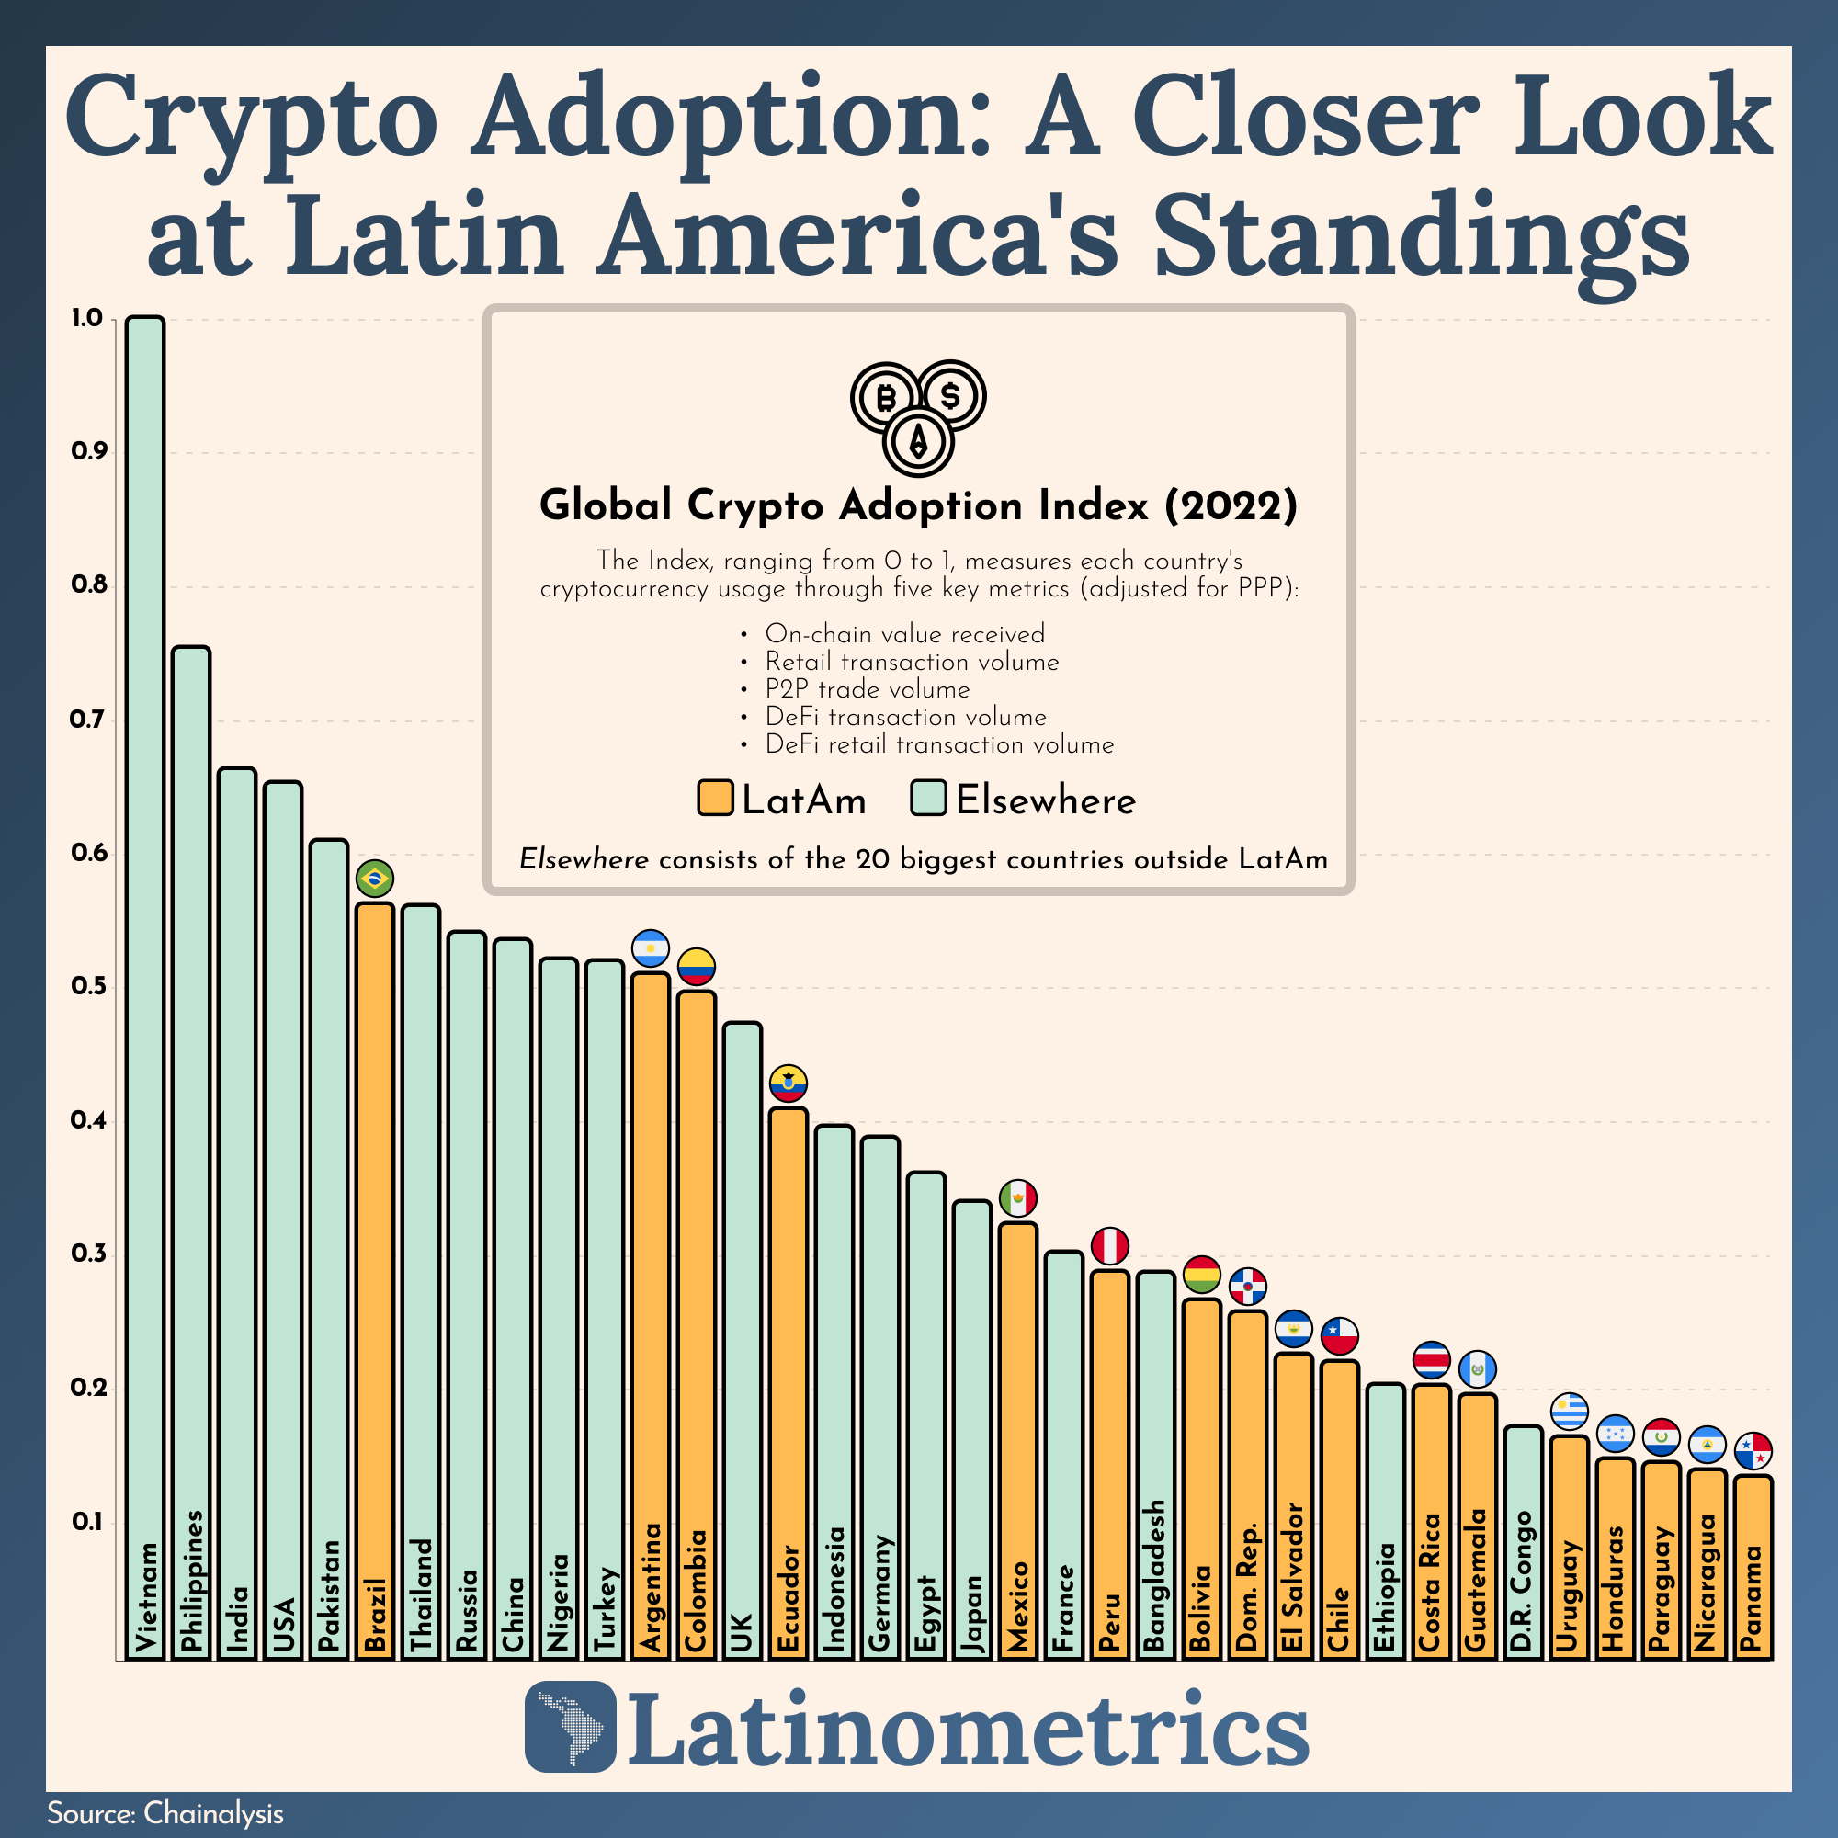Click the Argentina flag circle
tap(651, 948)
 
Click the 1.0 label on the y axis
tap(86, 319)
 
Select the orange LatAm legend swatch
tap(714, 799)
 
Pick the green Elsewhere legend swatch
tap(927, 799)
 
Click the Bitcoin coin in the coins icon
tap(886, 397)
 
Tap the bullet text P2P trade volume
tap(867, 690)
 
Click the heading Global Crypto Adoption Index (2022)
tap(918, 505)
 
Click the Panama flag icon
tap(1753, 1452)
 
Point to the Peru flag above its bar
tap(1109, 1246)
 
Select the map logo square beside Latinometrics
tap(571, 1727)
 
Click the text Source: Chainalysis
tap(165, 1813)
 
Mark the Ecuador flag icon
tap(789, 1084)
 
